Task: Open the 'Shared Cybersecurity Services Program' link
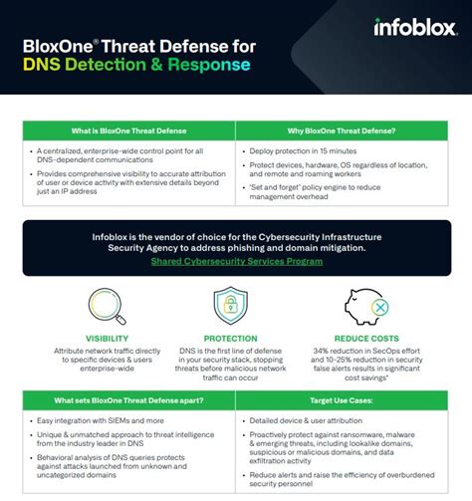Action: coord(236,261)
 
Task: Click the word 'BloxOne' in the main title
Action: coord(56,45)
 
